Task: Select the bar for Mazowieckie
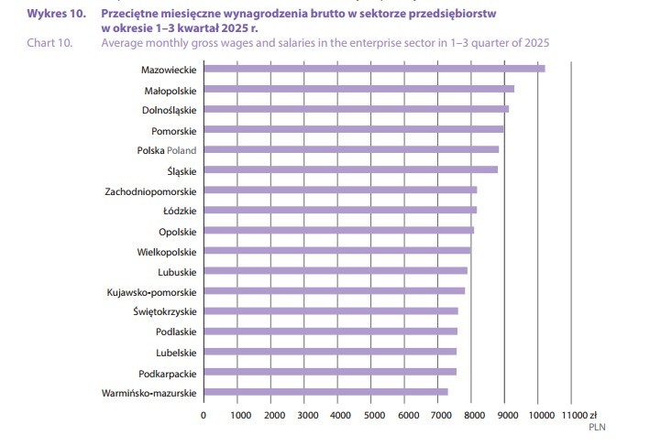pyautogui.click(x=374, y=69)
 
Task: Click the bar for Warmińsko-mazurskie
pyautogui.click(x=325, y=393)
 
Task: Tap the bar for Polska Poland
pyautogui.click(x=351, y=149)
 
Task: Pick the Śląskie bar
pyautogui.click(x=350, y=169)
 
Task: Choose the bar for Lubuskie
pyautogui.click(x=336, y=271)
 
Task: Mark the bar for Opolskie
pyautogui.click(x=338, y=231)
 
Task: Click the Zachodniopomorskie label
pyautogui.click(x=150, y=190)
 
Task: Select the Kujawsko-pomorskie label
pyautogui.click(x=151, y=291)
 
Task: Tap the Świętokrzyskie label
pyautogui.click(x=164, y=311)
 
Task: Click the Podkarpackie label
pyautogui.click(x=167, y=373)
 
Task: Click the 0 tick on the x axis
pyautogui.click(x=204, y=414)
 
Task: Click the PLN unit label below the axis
pyautogui.click(x=597, y=426)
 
